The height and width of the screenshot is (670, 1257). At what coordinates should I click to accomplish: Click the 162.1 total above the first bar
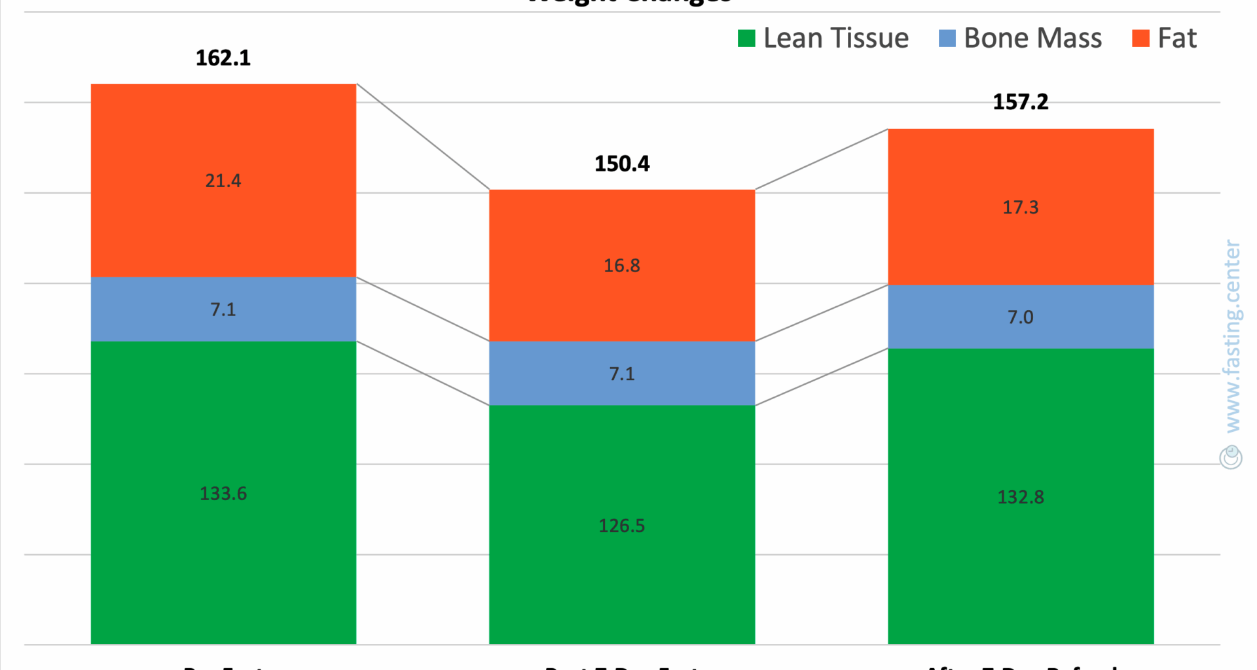pos(223,58)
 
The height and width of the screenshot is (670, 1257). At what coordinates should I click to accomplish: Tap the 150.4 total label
pos(622,164)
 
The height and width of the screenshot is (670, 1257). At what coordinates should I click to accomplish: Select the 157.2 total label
pos(1021,102)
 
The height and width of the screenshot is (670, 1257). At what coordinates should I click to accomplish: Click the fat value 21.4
pos(223,181)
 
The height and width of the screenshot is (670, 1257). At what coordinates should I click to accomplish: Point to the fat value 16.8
pos(622,266)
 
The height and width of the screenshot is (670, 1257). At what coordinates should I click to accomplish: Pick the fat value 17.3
pos(1021,207)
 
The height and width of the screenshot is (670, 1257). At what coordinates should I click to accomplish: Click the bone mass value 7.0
pos(1021,317)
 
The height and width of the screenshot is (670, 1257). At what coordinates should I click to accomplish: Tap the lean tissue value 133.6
pos(223,493)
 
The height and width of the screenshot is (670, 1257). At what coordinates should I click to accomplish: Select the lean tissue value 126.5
pos(622,526)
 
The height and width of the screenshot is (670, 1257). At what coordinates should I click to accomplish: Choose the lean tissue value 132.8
pos(1021,497)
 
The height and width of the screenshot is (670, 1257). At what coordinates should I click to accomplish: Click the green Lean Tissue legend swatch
pos(746,39)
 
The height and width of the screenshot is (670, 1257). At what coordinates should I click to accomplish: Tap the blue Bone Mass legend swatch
pos(947,39)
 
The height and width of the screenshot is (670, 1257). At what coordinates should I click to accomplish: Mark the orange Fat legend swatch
pos(1140,39)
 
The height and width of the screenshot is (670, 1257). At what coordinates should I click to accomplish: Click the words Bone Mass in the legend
pos(1033,39)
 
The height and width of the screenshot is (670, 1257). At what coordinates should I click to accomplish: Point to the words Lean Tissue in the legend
pos(836,39)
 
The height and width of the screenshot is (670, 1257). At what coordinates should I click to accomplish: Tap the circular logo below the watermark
pos(1231,457)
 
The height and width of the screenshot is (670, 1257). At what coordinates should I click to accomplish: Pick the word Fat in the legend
pos(1177,39)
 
